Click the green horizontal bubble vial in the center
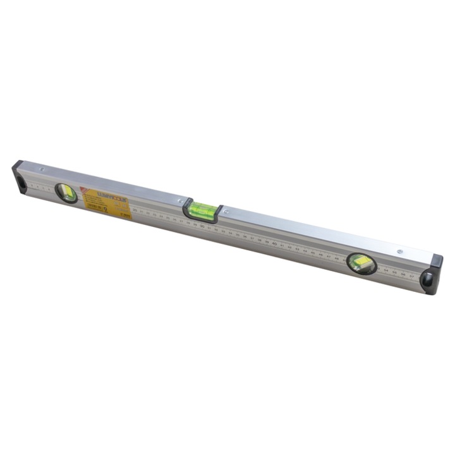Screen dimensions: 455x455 pyautogui.click(x=203, y=210)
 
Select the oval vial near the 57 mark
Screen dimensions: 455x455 pyautogui.click(x=361, y=263)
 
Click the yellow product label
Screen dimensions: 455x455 pyautogui.click(x=104, y=203)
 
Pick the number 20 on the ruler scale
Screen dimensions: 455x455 pyautogui.click(x=134, y=210)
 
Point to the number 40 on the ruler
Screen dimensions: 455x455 pyautogui.click(x=275, y=243)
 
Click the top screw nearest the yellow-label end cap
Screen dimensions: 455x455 pyautogui.click(x=41, y=169)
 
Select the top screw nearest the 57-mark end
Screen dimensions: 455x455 pyautogui.click(x=399, y=251)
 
